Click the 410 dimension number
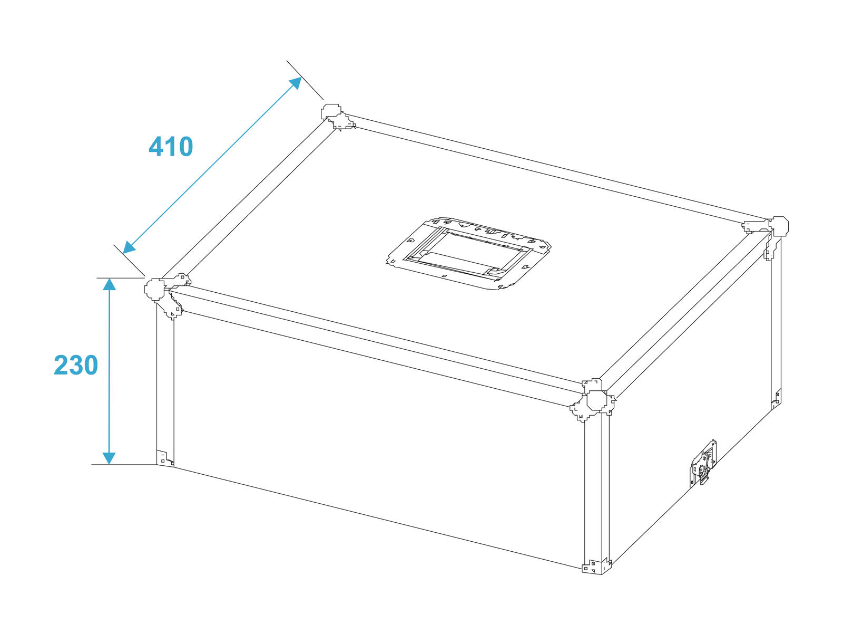click(171, 147)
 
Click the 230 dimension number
click(76, 365)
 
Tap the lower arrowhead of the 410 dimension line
click(129, 247)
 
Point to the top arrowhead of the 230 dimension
click(110, 284)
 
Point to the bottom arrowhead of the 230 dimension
click(110, 458)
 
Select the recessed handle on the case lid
click(468, 253)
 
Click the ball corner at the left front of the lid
click(165, 294)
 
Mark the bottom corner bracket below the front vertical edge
click(596, 566)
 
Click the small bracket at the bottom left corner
click(165, 457)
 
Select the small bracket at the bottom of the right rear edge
click(776, 398)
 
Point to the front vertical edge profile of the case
click(596, 488)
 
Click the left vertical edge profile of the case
click(165, 385)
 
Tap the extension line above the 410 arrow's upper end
click(305, 80)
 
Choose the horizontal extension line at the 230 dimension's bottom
click(124, 465)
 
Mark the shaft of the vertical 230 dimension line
click(110, 371)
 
